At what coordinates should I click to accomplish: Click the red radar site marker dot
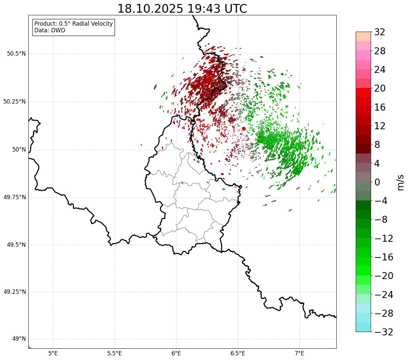point(243,129)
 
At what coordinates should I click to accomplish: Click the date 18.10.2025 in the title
point(150,9)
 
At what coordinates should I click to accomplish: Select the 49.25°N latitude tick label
point(15,292)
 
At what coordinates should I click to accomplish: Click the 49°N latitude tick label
point(19,339)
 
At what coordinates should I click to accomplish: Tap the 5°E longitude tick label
point(53,353)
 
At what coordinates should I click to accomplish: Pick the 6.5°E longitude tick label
point(238,353)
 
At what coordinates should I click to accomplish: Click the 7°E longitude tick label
point(299,353)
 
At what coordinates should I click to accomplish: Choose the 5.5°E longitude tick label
point(115,353)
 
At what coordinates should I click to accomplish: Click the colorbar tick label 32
point(380,32)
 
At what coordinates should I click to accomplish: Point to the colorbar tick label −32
point(384,332)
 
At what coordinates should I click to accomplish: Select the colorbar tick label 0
point(377,182)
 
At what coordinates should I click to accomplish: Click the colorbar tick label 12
point(380,126)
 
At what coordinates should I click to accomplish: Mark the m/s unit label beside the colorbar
point(401,182)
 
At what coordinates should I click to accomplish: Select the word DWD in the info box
point(58,30)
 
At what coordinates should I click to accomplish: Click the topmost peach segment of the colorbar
point(363,36)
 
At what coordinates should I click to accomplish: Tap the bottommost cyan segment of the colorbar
point(363,327)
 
